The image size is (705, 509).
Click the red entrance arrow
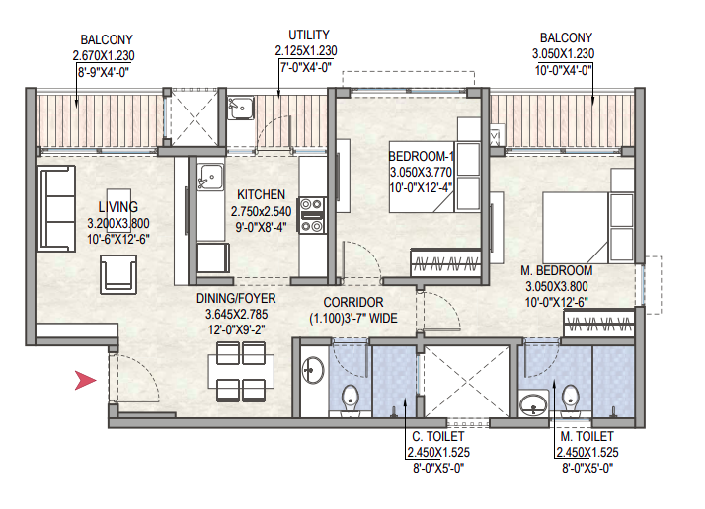click(85, 380)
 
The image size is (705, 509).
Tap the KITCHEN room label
click(261, 194)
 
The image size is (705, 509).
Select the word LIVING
click(117, 207)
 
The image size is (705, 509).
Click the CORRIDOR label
click(353, 302)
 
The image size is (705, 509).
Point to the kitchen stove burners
click(312, 215)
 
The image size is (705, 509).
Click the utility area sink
click(241, 108)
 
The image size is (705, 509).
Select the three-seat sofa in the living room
click(56, 208)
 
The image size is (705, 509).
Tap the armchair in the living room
click(118, 274)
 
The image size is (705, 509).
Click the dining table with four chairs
click(241, 372)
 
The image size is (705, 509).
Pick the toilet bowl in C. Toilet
click(351, 399)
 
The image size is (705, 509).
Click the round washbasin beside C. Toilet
click(313, 370)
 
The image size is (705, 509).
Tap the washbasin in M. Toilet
click(534, 404)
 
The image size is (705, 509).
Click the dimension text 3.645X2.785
click(237, 314)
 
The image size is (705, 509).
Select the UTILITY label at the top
click(309, 36)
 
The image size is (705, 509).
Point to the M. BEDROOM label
click(557, 271)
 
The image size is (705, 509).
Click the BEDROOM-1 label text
click(422, 156)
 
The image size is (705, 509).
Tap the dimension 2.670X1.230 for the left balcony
click(104, 55)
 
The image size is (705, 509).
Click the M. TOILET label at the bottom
click(587, 436)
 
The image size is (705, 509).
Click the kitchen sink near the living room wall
click(210, 177)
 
